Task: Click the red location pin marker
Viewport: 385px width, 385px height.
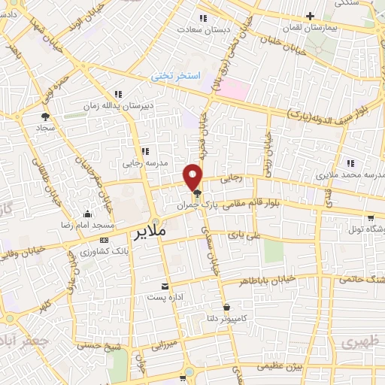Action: click(x=194, y=176)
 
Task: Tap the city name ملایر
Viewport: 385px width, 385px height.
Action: click(x=156, y=230)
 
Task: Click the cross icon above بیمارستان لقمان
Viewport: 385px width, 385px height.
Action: click(x=311, y=16)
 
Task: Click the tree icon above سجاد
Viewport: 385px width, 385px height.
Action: click(x=44, y=117)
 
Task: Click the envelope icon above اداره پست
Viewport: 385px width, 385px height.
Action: click(x=165, y=286)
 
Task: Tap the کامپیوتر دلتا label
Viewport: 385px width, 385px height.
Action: click(x=226, y=318)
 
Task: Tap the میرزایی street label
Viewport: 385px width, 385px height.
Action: click(x=163, y=345)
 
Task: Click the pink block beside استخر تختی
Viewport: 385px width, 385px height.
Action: click(x=234, y=88)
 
